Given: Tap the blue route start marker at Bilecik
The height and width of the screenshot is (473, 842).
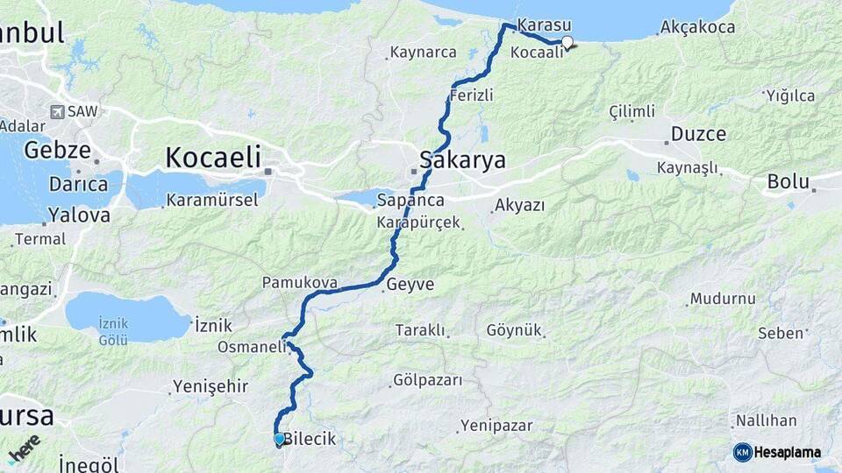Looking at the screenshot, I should click(279, 439).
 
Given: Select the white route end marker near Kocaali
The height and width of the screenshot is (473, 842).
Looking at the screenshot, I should click(567, 41).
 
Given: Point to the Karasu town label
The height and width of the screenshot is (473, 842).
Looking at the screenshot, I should click(545, 25).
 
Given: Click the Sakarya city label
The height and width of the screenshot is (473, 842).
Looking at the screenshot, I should click(462, 160).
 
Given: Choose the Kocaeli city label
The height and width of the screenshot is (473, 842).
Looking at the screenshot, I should click(213, 158).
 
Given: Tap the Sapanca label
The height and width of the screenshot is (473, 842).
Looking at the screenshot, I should click(410, 201).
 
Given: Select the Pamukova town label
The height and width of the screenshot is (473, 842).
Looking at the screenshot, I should click(294, 283).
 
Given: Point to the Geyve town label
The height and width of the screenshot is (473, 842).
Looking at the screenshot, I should click(410, 284).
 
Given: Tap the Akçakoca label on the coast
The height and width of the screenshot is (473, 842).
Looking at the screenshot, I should click(699, 27).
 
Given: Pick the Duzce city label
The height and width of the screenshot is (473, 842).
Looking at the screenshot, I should click(698, 134).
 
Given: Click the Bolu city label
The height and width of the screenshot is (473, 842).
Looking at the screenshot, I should click(788, 182).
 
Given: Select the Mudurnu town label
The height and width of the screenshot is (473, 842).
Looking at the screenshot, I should click(723, 299).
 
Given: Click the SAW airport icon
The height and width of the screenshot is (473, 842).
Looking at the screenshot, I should click(58, 112).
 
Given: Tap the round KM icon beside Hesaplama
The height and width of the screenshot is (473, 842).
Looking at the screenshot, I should click(743, 452).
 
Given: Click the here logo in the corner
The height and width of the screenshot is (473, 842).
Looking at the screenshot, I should click(24, 448).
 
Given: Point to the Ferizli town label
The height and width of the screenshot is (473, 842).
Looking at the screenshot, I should click(471, 95).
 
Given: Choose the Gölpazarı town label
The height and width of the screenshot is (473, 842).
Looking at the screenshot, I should click(427, 382).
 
